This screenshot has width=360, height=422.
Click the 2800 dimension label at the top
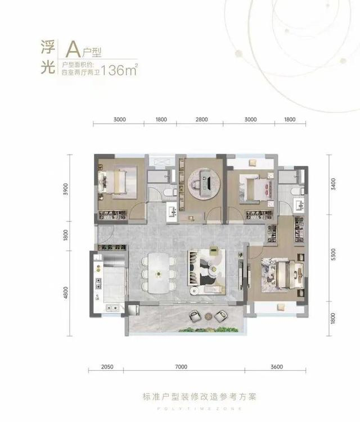(201, 119)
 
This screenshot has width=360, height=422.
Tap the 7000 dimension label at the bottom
(181, 366)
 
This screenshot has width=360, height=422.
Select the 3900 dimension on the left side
(66, 189)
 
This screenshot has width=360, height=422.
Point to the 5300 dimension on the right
(334, 255)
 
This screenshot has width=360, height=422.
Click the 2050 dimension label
(107, 366)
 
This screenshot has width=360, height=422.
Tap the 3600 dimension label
(276, 366)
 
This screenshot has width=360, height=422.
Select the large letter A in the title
(73, 49)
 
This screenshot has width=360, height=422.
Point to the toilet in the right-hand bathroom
(296, 192)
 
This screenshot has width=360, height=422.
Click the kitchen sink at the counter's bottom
(112, 307)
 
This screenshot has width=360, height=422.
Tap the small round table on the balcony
(209, 316)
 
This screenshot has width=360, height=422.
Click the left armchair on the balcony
(195, 316)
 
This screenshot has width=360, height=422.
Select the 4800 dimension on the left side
(66, 293)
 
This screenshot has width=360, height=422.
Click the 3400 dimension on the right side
(334, 184)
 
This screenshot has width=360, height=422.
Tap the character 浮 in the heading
(48, 47)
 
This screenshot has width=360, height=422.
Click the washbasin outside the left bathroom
(172, 212)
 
